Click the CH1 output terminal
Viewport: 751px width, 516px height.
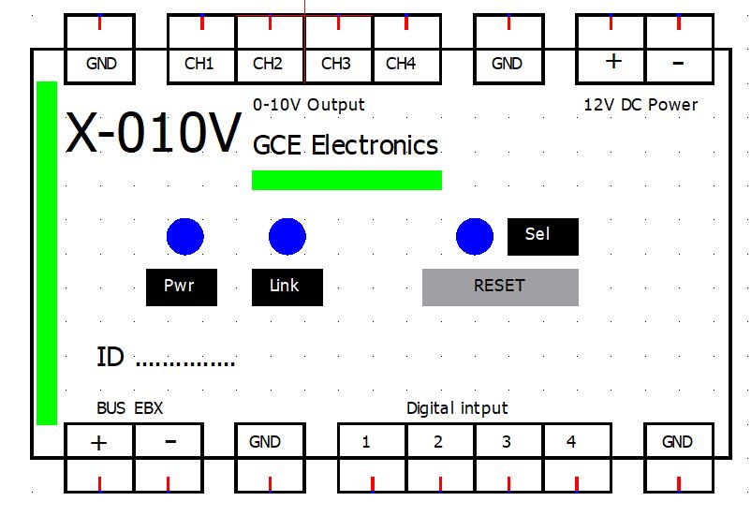pos(200,64)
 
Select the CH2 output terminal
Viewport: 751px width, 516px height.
pos(269,64)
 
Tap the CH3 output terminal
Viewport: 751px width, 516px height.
pos(337,64)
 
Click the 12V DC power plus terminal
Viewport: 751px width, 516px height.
pos(612,62)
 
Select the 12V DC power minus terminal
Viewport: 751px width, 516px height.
pos(679,62)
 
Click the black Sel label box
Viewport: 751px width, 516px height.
pos(542,236)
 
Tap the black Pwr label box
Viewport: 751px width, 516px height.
pos(181,287)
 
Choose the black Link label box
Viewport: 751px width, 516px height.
pos(287,287)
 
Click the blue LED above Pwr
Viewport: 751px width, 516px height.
pos(185,237)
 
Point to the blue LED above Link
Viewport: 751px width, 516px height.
pos(287,237)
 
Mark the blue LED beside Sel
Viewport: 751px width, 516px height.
pos(475,237)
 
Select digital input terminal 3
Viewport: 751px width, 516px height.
pos(508,442)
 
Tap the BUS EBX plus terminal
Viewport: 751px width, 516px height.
pos(99,442)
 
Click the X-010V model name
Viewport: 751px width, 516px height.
pos(153,134)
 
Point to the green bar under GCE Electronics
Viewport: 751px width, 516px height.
pos(346,180)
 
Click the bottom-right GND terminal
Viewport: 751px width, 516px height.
pos(678,442)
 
